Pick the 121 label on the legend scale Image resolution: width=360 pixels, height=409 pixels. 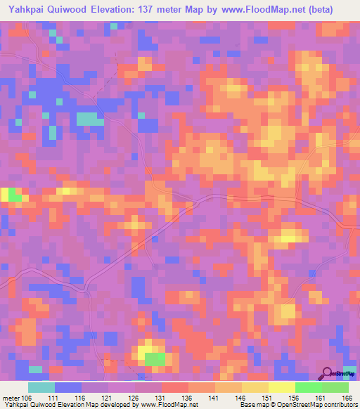(108, 398)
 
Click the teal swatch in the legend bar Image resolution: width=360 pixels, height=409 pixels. (41, 387)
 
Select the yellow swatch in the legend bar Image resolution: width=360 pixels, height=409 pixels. (282, 387)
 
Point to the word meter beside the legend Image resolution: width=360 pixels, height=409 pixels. (10, 398)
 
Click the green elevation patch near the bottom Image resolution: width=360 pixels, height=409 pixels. (156, 359)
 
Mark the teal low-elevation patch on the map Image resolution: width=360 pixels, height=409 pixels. (88, 119)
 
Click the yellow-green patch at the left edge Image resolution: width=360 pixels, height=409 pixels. (11, 195)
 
